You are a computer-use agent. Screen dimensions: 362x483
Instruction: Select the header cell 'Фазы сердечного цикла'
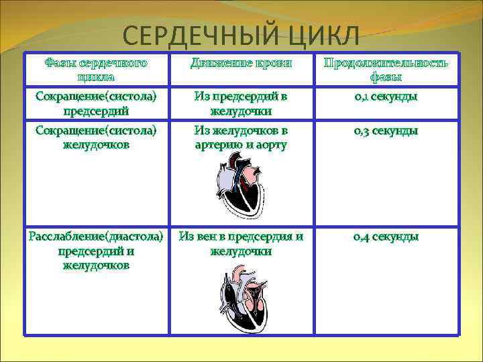[x=95, y=70]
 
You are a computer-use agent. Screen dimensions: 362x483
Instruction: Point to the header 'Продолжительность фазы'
[x=386, y=70]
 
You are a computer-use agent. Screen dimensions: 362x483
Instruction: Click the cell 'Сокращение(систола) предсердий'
[x=95, y=103]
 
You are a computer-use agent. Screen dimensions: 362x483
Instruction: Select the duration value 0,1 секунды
[x=386, y=97]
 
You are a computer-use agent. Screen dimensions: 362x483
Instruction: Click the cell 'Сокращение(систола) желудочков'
[x=95, y=137]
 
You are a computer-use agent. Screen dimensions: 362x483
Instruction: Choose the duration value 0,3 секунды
[x=386, y=131]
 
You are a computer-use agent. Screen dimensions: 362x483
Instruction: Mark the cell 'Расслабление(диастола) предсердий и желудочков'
[x=95, y=251]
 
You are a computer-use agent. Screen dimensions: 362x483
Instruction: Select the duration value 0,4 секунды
[x=386, y=237]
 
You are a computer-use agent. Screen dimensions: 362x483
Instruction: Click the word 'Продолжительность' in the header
[x=386, y=63]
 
